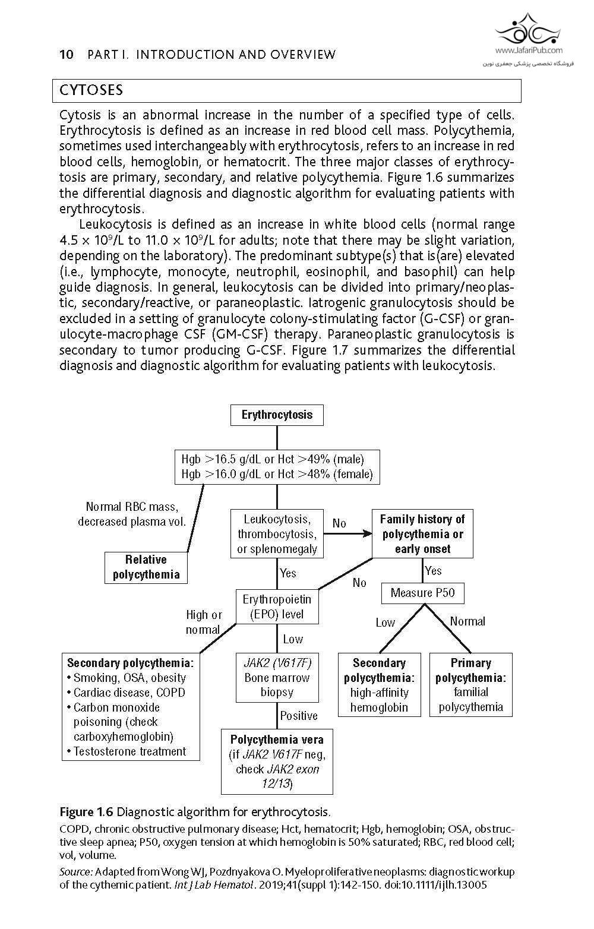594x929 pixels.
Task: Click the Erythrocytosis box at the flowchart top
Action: pos(277,415)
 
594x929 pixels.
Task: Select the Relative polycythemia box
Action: pos(146,567)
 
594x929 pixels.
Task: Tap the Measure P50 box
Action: pos(422,593)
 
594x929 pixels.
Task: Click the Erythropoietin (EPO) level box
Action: pos(277,606)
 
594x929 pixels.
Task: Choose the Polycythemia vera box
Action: pos(277,761)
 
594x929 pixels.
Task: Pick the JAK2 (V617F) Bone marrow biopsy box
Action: pos(277,677)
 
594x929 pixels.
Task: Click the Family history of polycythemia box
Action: pos(422,533)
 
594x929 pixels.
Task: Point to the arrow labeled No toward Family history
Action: pos(347,533)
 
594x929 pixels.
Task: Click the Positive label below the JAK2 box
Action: pos(299,716)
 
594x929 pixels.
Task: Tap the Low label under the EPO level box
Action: pos(293,639)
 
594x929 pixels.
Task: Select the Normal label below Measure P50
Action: pos(467,621)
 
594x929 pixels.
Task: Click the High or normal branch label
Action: pos(203,622)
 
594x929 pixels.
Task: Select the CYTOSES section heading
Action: pos(91,90)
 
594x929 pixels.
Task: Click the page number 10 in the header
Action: pos(67,55)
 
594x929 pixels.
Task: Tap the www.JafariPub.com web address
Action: pos(528,50)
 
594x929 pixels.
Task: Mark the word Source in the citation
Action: pos(75,872)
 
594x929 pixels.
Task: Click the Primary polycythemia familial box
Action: pos(470,684)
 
